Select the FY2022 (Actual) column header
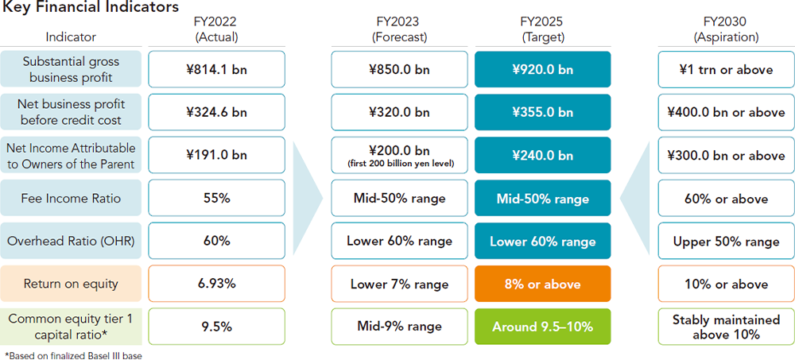pyautogui.click(x=215, y=29)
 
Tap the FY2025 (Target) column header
pyautogui.click(x=542, y=29)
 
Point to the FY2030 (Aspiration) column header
pyautogui.click(x=726, y=29)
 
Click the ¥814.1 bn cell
pyautogui.click(x=215, y=69)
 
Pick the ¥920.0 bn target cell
pyautogui.click(x=542, y=69)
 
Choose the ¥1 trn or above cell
pyautogui.click(x=726, y=69)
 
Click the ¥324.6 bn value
pyautogui.click(x=215, y=112)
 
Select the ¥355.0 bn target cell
pyautogui.click(x=542, y=112)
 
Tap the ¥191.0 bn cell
pyautogui.click(x=215, y=155)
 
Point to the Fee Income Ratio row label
pyautogui.click(x=72, y=198)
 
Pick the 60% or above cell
pyautogui.click(x=726, y=198)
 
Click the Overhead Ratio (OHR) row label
pyautogui.click(x=72, y=241)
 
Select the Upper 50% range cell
pyautogui.click(x=726, y=241)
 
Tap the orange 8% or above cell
pyautogui.click(x=542, y=284)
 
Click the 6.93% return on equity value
pyautogui.click(x=215, y=284)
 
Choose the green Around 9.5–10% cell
pyautogui.click(x=542, y=327)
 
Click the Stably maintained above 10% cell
pyautogui.click(x=726, y=327)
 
